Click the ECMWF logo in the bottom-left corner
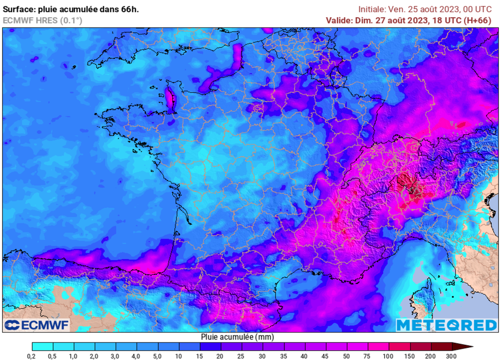click(37, 325)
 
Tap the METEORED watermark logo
click(446, 325)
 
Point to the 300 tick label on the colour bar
click(452, 356)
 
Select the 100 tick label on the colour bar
click(388, 356)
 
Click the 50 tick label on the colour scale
click(347, 356)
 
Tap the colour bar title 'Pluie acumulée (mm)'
click(237, 337)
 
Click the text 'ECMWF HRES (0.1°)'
click(43, 20)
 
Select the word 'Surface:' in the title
click(20, 9)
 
